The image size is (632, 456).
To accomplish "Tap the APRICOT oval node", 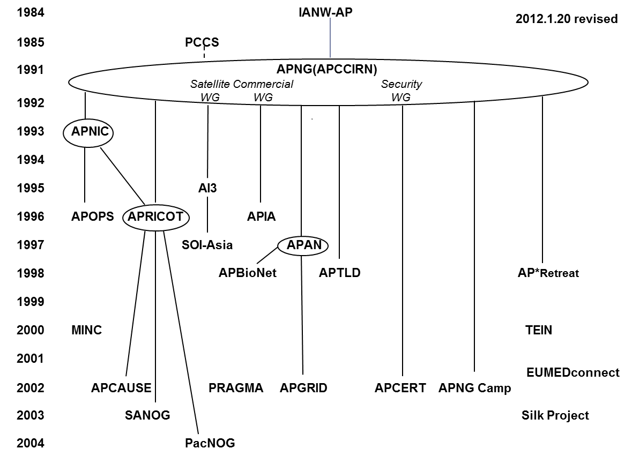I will pos(155,216).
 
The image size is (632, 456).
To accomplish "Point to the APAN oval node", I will pos(303,245).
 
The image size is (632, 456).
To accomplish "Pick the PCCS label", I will pos(202,42).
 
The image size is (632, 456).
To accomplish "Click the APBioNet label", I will pos(248,273).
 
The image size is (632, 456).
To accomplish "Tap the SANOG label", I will pos(147,415).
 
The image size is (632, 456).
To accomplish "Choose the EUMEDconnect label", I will pos(573,372).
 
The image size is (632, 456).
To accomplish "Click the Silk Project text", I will pos(555,415).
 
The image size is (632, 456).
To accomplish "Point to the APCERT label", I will pos(400,388).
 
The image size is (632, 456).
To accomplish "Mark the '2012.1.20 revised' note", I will pos(567,19).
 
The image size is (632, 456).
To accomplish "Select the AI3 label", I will pos(207,188).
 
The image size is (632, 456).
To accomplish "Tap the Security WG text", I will pos(401,91).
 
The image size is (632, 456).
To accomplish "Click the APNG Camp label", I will pos(474,388).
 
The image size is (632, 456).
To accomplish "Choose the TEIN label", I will pos(539,330).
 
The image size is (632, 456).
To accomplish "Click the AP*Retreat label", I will pos(548,273).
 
